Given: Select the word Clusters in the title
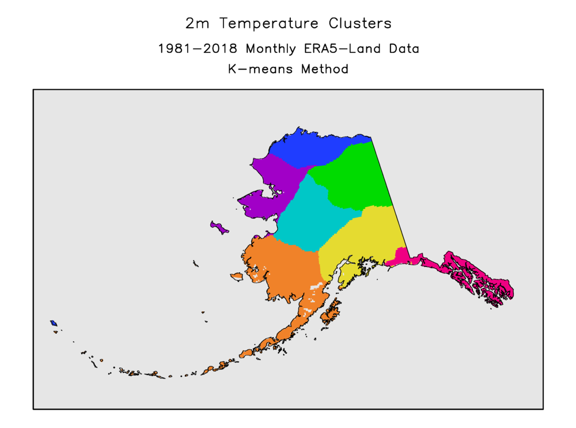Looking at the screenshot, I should click(360, 24).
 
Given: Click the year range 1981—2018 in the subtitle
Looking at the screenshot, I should click(194, 49).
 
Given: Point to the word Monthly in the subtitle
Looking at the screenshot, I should click(262, 49).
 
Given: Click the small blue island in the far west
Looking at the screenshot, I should click(53, 323).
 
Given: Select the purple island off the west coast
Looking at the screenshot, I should click(218, 226).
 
